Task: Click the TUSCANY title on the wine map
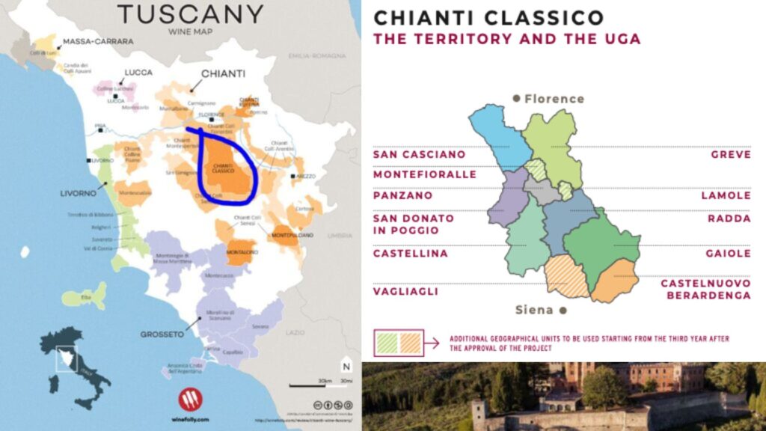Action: (x=191, y=14)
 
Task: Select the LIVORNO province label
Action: (x=79, y=193)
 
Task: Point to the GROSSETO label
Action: (x=163, y=334)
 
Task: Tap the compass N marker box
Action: (x=346, y=367)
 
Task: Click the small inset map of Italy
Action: (x=75, y=367)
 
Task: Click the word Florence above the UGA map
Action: (x=554, y=99)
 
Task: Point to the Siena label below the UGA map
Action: (x=534, y=309)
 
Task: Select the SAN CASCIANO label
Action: (x=419, y=154)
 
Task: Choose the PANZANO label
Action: (x=402, y=195)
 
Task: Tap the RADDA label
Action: (x=729, y=218)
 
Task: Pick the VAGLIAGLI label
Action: (x=405, y=292)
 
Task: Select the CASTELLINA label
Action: (x=411, y=254)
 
